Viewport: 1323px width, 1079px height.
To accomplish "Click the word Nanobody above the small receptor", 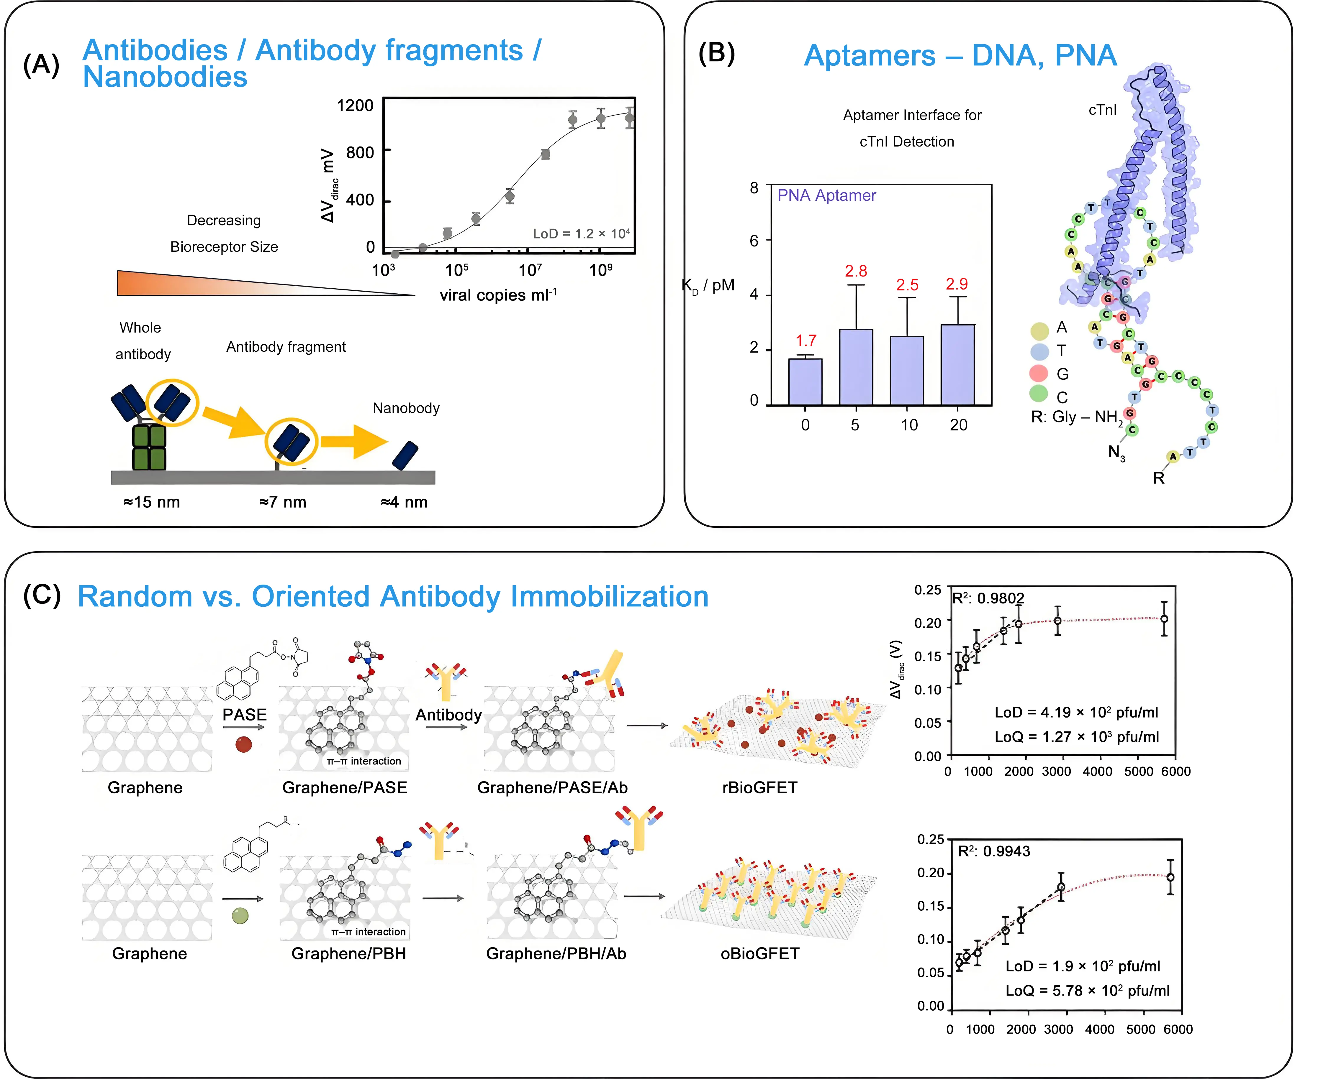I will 406,408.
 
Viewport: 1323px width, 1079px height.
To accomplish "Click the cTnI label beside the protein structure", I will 1102,110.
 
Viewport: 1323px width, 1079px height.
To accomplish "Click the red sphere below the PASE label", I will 244,744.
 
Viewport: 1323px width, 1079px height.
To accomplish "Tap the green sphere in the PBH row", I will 240,916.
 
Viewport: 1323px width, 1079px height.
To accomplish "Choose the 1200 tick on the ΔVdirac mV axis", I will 355,106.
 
